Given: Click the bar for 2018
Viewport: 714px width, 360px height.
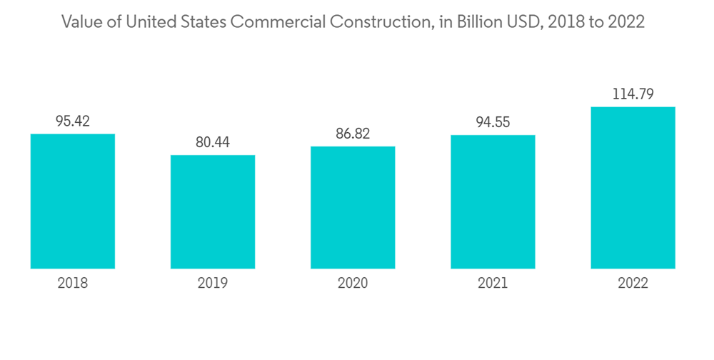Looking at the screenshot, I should (x=73, y=201).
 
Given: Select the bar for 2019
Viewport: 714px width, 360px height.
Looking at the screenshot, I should (x=213, y=211).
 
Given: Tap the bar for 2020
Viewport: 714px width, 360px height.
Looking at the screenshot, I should (x=353, y=207).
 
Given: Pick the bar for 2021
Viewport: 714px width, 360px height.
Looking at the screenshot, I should (x=493, y=201).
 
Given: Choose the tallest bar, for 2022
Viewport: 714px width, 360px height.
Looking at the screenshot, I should (x=633, y=188).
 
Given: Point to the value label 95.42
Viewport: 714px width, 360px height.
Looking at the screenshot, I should (x=73, y=121).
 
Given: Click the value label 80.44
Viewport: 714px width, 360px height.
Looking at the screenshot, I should (x=213, y=142).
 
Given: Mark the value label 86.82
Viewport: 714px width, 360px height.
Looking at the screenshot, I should (x=353, y=134).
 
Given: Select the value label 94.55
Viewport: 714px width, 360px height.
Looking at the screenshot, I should (x=493, y=122).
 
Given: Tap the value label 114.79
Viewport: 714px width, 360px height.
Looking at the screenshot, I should (x=633, y=94).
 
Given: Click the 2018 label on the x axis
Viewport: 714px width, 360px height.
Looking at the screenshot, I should (x=73, y=284).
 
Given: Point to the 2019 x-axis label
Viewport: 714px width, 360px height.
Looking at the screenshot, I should (x=213, y=284).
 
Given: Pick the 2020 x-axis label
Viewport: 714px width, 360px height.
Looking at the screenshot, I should (x=353, y=284).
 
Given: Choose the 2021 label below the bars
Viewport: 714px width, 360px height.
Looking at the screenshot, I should (x=493, y=284).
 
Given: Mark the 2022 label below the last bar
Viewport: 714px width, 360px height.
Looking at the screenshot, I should (x=633, y=284).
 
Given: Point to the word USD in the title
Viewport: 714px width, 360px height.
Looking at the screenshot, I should (x=525, y=22).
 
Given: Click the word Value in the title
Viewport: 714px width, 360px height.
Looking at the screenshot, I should (x=80, y=22).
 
